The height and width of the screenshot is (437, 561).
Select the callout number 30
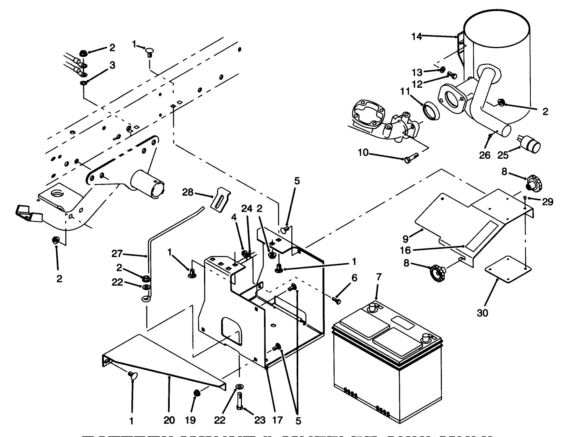tap(482, 313)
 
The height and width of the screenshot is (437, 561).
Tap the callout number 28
tap(188, 193)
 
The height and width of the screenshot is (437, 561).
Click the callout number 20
tap(169, 420)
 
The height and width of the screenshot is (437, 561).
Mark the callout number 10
tap(363, 153)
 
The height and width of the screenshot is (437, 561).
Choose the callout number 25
tap(503, 155)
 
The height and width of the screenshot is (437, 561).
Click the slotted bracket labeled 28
tap(221, 198)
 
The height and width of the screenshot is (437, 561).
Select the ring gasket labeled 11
tap(432, 111)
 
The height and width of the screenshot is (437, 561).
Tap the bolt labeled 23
tap(239, 400)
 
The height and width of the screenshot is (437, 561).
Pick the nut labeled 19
tap(197, 393)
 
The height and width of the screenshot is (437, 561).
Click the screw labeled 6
tap(337, 301)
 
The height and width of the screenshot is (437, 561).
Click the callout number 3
tap(112, 65)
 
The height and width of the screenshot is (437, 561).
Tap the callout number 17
tap(277, 420)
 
